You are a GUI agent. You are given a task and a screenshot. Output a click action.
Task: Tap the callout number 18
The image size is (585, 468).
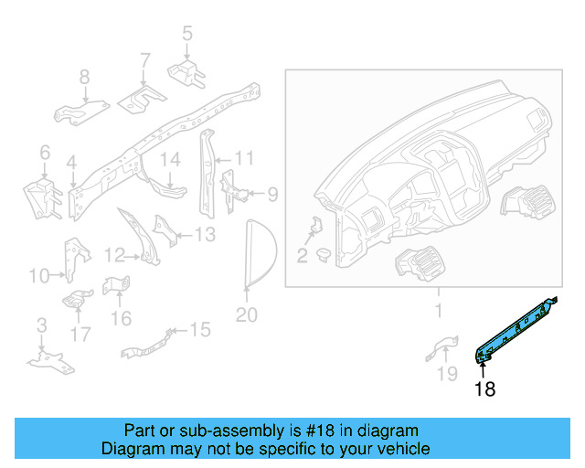(484, 388)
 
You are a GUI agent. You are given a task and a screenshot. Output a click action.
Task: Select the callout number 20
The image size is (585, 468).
(246, 315)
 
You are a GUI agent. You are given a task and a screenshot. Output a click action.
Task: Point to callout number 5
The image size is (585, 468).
(187, 33)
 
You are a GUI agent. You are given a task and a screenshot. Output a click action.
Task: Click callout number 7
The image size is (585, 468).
(144, 61)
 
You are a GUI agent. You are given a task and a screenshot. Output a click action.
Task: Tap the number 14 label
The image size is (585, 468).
(171, 159)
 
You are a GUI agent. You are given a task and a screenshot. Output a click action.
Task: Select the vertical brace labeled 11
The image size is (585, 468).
(207, 173)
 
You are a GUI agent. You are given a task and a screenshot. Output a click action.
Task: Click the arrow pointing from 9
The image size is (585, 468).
(258, 193)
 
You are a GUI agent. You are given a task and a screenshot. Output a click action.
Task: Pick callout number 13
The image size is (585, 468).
(205, 235)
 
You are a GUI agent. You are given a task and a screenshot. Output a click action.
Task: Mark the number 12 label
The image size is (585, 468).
(114, 256)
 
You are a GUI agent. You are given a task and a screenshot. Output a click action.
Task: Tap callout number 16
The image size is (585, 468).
(122, 318)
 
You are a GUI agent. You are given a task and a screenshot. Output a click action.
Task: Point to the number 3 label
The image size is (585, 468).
(42, 325)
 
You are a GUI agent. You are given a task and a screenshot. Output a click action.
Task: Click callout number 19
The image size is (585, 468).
(447, 373)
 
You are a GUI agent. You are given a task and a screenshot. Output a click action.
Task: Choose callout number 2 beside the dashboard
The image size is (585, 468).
(302, 256)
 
